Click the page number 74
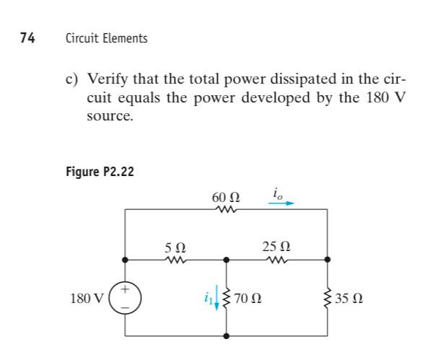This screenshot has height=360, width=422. click(x=27, y=38)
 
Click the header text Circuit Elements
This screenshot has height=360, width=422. click(x=105, y=38)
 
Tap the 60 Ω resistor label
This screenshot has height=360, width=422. click(x=227, y=197)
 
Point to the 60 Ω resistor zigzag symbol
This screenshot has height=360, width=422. click(x=227, y=210)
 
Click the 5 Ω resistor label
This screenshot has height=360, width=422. click(x=175, y=245)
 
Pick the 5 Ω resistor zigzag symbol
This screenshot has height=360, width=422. click(x=176, y=258)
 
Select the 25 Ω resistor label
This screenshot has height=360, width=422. click(x=277, y=245)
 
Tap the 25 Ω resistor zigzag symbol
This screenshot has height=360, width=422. click(x=277, y=258)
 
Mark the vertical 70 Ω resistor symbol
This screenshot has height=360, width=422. click(x=228, y=297)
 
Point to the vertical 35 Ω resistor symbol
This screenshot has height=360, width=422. click(x=328, y=297)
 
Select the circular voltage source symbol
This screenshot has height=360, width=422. click(x=126, y=297)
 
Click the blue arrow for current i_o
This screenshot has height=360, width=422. click(x=282, y=203)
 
